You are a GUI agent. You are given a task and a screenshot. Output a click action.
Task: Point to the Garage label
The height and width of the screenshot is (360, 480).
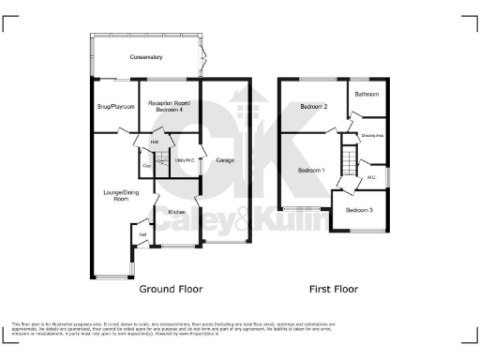click(225, 160)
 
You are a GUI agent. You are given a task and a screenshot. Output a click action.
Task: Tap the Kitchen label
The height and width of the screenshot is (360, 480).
click(176, 213)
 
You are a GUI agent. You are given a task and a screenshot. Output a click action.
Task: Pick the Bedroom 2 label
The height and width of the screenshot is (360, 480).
click(313, 107)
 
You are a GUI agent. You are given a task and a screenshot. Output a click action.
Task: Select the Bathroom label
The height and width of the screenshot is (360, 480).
click(367, 95)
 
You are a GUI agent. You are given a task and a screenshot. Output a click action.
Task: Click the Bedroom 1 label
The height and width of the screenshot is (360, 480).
click(310, 171)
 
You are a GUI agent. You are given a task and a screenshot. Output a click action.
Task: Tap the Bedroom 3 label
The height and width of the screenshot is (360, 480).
click(359, 210)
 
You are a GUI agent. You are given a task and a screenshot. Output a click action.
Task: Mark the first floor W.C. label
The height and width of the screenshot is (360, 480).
click(371, 176)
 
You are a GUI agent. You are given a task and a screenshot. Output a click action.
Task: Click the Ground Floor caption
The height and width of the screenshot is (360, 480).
click(171, 290)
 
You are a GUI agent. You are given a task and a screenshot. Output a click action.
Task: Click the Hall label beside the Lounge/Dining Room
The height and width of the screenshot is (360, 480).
click(143, 234)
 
